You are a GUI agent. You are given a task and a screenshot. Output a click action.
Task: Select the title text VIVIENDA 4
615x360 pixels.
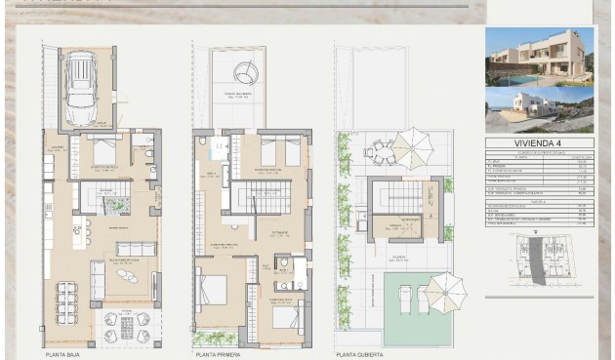tap(539, 142)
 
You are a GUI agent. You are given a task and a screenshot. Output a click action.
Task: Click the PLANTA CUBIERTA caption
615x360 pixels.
tap(359, 355)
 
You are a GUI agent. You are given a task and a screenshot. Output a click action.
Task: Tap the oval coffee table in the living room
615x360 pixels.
tap(129, 274)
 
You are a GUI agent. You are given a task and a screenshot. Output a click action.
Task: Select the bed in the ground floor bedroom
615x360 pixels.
tap(102, 152)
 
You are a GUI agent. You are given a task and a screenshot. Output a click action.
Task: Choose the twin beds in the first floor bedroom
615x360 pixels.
tap(279, 151)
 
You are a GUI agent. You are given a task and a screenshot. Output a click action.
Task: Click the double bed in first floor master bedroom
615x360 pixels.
tap(213, 290)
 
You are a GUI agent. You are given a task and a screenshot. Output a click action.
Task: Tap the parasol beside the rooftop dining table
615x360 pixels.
tap(413, 147)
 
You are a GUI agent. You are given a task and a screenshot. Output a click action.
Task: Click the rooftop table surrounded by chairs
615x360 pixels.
tap(380, 152)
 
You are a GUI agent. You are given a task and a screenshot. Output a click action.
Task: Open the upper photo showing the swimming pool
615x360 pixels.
tap(539, 57)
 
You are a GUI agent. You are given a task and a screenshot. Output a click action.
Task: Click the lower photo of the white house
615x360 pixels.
tap(539, 109)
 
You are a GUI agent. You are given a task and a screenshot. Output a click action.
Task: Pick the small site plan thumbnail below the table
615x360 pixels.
tap(539, 263)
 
